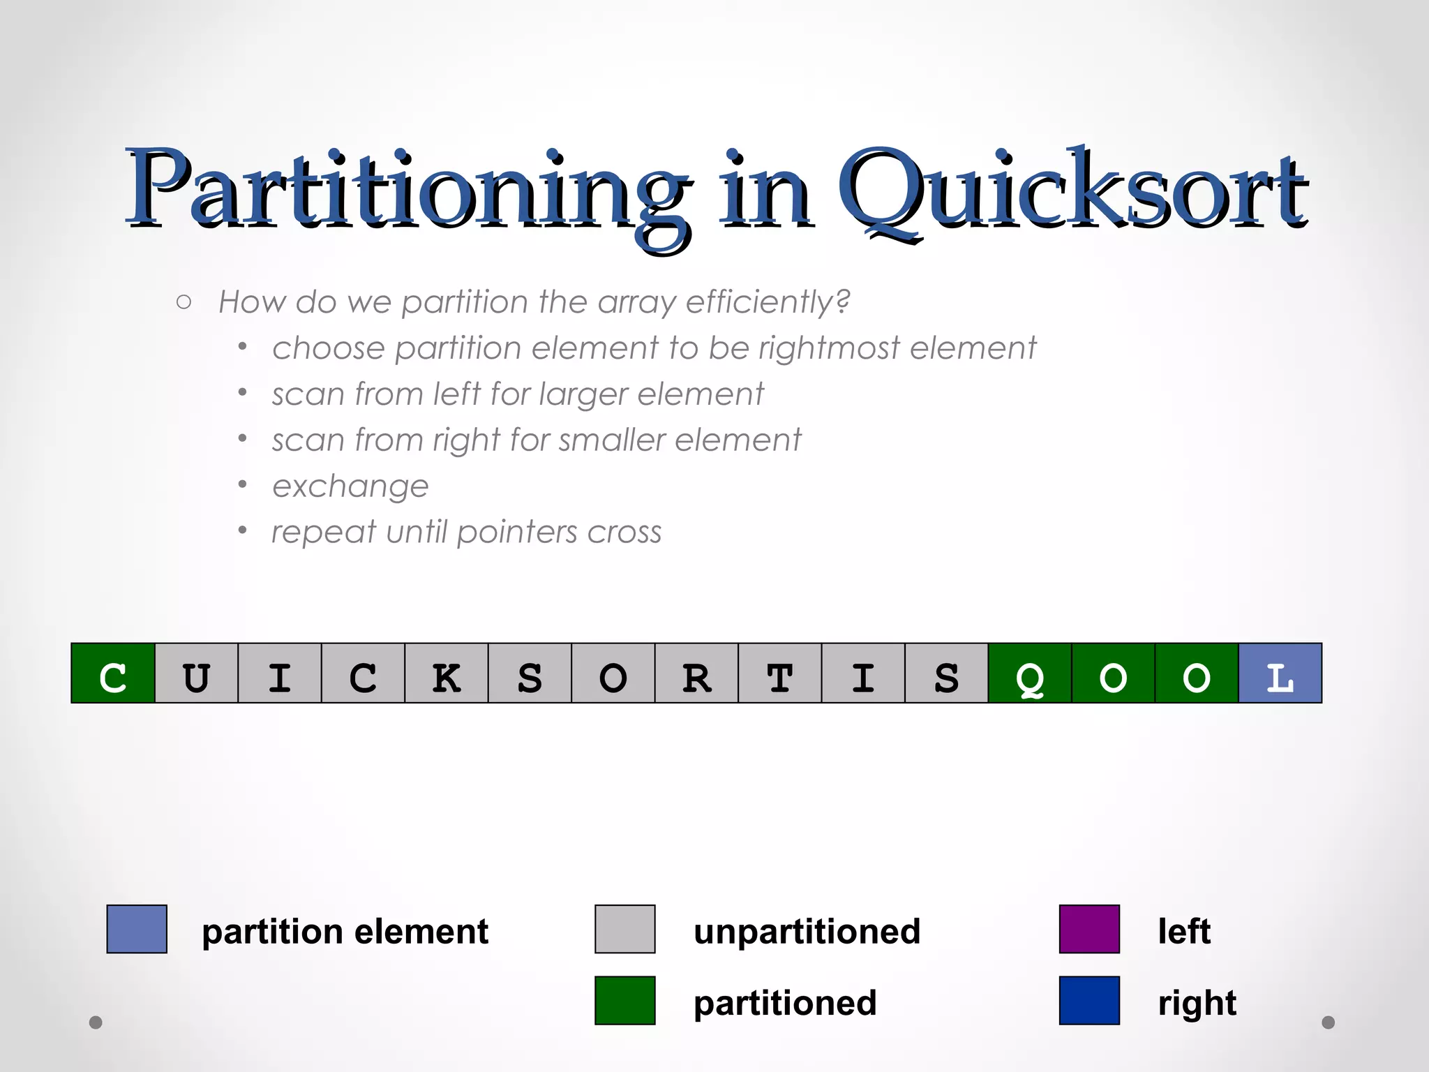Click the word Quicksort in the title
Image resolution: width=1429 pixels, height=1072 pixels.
pyautogui.click(x=1071, y=192)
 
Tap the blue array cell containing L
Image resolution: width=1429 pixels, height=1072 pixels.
pyautogui.click(x=1280, y=673)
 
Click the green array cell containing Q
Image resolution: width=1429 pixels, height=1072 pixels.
pyautogui.click(x=1030, y=673)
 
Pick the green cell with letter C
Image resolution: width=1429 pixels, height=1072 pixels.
pyautogui.click(x=113, y=673)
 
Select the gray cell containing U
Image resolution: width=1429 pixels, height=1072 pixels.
pyautogui.click(x=196, y=673)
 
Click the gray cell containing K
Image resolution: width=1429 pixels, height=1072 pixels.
pyautogui.click(x=447, y=673)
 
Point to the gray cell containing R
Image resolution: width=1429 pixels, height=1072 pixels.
pyautogui.click(x=696, y=673)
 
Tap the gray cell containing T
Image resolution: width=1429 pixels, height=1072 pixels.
pyautogui.click(x=779, y=673)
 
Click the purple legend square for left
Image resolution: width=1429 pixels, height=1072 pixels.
pyautogui.click(x=1089, y=929)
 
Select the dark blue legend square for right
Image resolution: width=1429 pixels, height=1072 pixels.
pyautogui.click(x=1089, y=1000)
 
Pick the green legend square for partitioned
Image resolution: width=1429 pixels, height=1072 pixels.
pyautogui.click(x=624, y=1000)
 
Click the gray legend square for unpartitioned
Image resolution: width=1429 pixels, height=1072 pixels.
pyautogui.click(x=624, y=929)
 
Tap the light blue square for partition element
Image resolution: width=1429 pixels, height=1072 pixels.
pyautogui.click(x=137, y=929)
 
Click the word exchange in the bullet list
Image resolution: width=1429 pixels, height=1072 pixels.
pyautogui.click(x=350, y=486)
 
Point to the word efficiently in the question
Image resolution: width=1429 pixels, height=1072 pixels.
pyautogui.click(x=768, y=302)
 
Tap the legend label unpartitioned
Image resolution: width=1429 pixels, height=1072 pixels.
pyautogui.click(x=807, y=932)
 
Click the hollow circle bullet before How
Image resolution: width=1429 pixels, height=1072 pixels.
pyautogui.click(x=184, y=302)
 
